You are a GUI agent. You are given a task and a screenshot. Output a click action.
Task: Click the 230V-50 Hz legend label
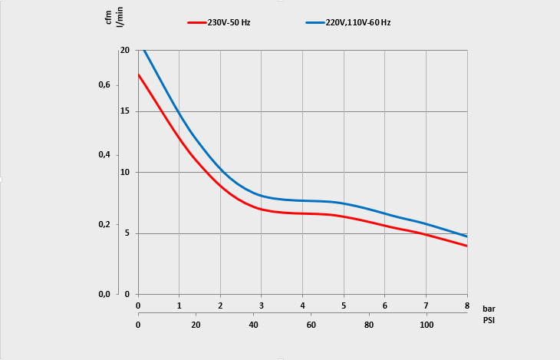click(x=229, y=23)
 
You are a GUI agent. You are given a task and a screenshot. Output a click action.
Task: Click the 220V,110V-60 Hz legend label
click(x=358, y=23)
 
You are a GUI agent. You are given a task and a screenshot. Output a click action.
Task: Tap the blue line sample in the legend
click(x=315, y=23)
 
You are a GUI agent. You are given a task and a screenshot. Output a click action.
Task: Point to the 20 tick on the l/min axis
click(x=125, y=50)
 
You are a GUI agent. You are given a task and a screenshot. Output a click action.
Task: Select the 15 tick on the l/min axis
click(x=125, y=111)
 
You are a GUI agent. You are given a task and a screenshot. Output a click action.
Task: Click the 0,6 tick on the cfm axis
click(x=104, y=85)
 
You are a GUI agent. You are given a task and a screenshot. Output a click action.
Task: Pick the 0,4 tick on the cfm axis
click(x=104, y=155)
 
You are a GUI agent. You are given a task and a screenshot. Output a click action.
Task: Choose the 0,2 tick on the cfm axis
click(x=104, y=225)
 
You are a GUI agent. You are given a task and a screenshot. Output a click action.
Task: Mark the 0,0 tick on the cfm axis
click(x=104, y=295)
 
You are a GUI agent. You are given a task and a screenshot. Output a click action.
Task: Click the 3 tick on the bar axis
click(x=262, y=307)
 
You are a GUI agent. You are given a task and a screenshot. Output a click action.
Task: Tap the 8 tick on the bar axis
click(x=466, y=307)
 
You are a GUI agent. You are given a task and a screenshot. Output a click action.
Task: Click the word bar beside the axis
click(x=489, y=308)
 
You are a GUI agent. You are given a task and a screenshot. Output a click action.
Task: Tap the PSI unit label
click(x=489, y=319)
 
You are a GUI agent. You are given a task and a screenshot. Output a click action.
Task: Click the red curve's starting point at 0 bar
click(x=139, y=74)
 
